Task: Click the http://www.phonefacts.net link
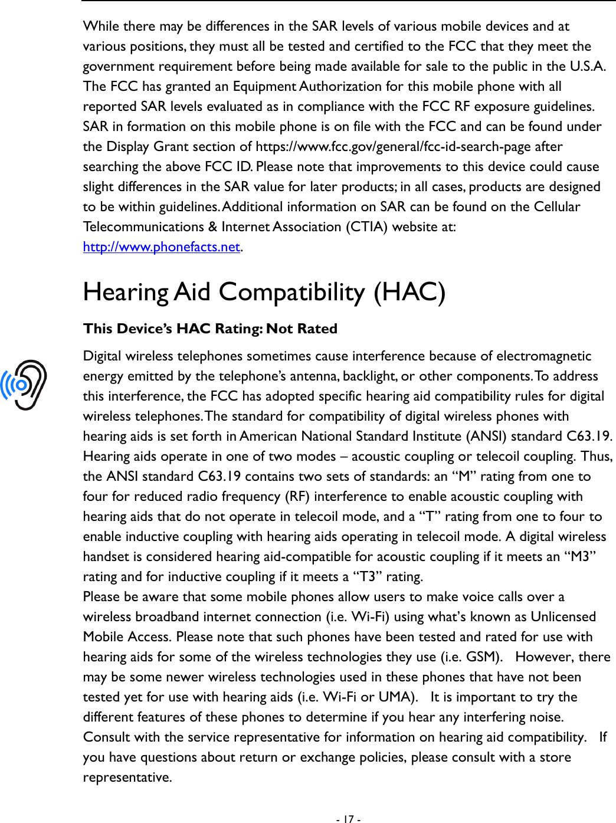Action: (161, 247)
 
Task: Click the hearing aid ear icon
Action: (24, 385)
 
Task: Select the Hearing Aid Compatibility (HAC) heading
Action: (264, 292)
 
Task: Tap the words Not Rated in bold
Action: (302, 329)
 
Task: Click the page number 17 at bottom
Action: (348, 819)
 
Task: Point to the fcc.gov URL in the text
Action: (408, 146)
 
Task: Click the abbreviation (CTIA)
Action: (366, 227)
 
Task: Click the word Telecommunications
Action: (143, 227)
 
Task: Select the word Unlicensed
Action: (563, 617)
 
